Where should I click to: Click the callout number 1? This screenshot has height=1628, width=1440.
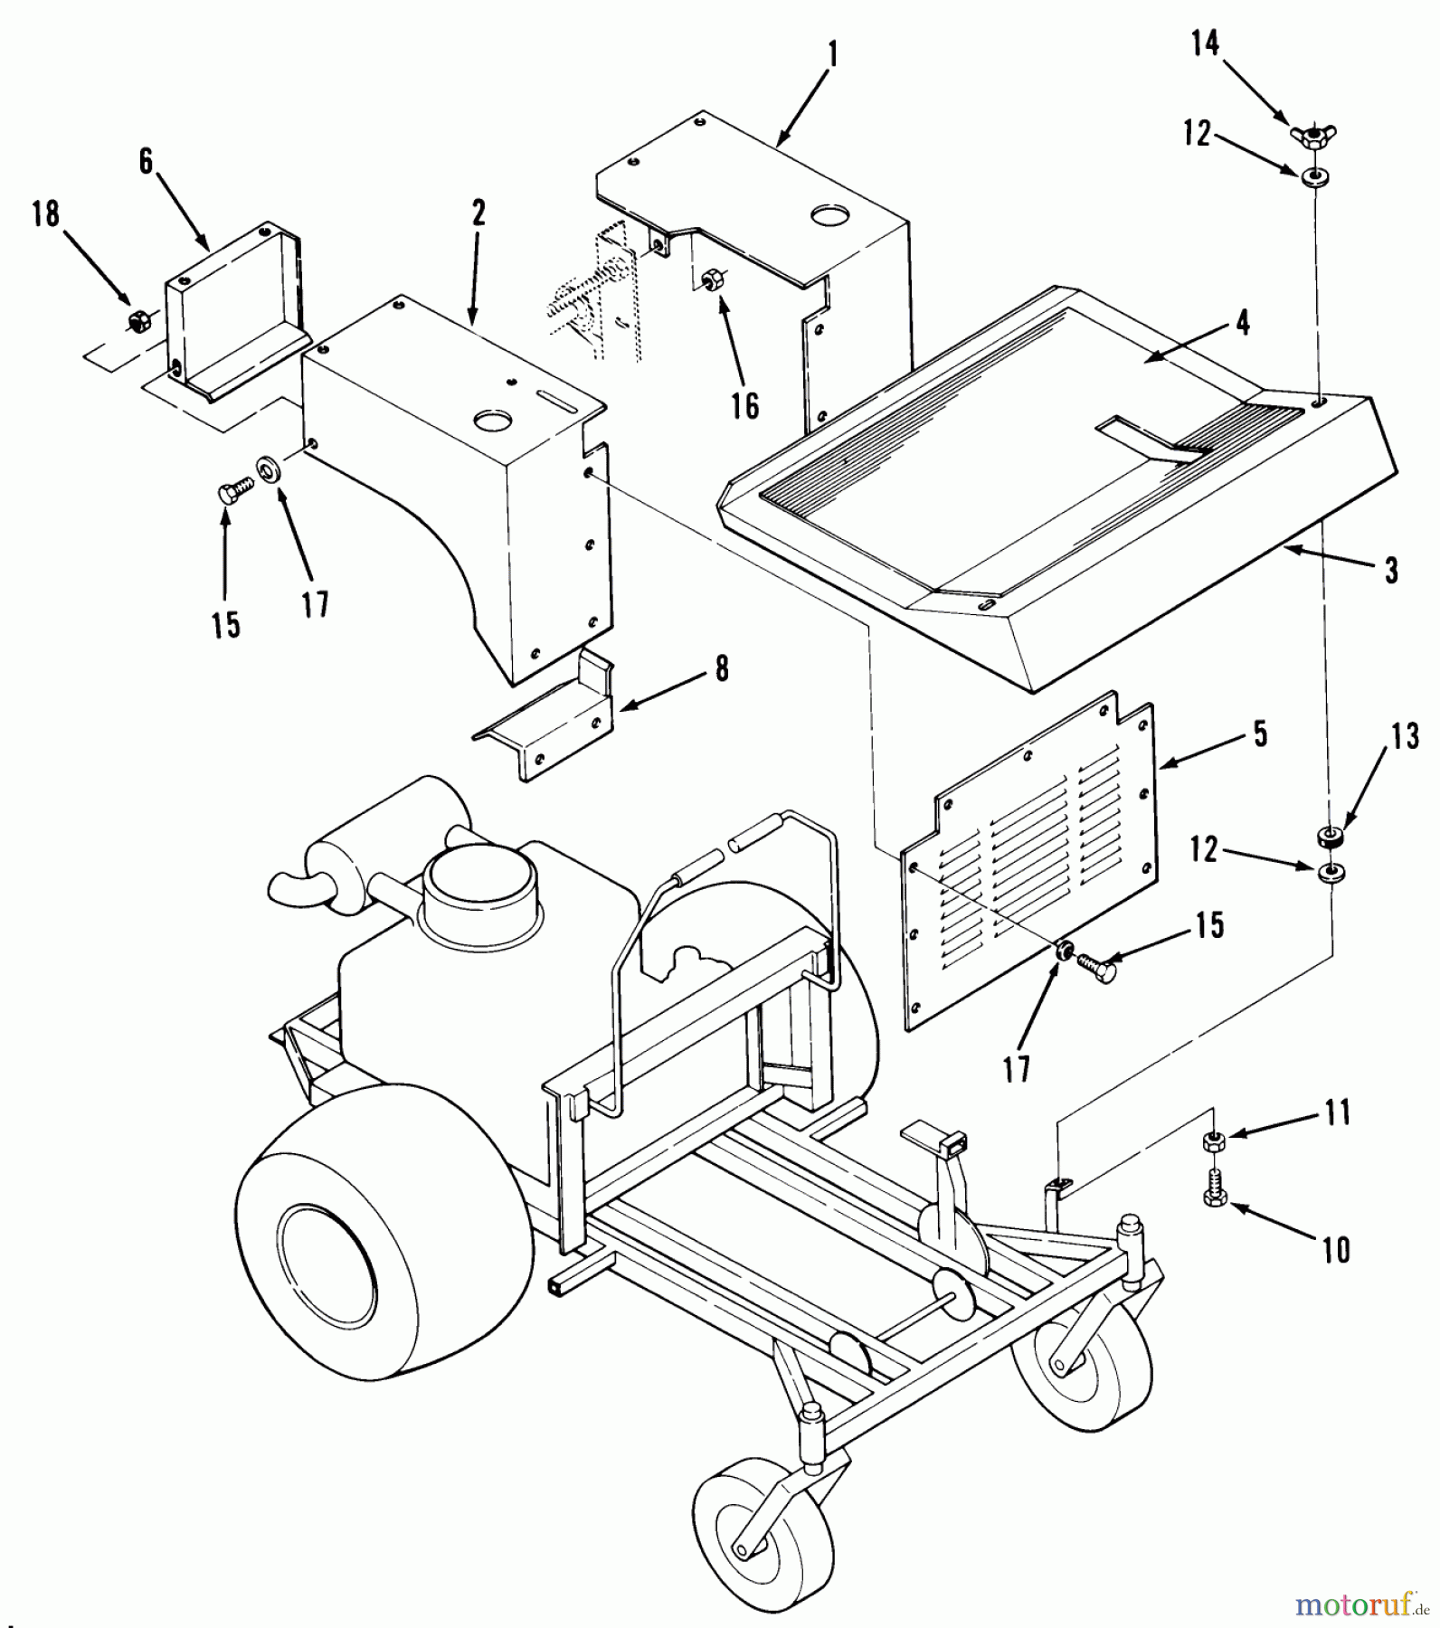[x=832, y=55]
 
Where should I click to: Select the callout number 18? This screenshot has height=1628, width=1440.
[x=45, y=214]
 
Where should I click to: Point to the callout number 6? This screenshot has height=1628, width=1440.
[x=146, y=161]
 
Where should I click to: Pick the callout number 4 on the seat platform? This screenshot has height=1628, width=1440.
[x=1243, y=323]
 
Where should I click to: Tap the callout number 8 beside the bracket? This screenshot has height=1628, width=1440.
[x=721, y=670]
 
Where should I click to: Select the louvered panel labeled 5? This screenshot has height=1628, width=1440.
[x=1031, y=859]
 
